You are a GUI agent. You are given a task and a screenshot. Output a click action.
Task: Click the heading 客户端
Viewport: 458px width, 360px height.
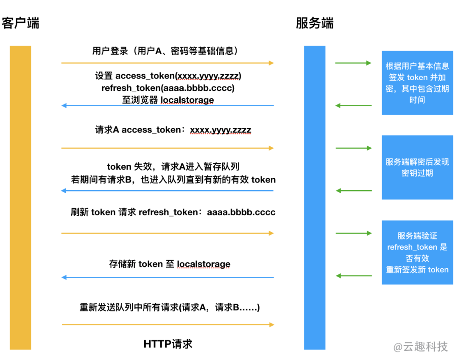[20, 23]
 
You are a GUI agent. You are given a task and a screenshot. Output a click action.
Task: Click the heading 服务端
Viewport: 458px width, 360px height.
[314, 23]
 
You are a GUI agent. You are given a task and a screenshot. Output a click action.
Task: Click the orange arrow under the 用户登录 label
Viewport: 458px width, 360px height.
[168, 63]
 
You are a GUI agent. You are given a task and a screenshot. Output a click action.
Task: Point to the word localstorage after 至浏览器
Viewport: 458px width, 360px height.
[187, 100]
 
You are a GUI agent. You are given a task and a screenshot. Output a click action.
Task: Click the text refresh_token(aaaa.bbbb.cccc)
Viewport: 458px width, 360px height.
[168, 88]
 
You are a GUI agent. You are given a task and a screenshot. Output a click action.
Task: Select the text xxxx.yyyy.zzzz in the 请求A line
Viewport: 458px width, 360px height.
[221, 130]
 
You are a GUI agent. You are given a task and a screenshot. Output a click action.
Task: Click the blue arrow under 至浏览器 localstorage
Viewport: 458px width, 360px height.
[168, 106]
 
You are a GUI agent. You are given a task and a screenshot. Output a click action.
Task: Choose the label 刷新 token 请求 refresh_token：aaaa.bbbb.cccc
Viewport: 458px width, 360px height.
[173, 212]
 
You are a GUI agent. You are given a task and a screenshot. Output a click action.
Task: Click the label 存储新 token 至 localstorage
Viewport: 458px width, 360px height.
[170, 264]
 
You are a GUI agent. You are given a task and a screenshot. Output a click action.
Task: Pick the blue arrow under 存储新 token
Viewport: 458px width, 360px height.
[168, 278]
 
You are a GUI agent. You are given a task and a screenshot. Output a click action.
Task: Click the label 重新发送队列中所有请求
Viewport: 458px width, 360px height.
[170, 307]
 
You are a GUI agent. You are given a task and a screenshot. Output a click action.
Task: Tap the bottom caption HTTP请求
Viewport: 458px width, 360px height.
[168, 343]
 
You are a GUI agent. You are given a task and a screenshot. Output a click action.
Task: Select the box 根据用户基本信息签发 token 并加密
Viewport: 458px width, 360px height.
[417, 83]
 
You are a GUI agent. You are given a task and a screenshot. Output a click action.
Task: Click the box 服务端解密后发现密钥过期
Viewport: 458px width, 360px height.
[417, 167]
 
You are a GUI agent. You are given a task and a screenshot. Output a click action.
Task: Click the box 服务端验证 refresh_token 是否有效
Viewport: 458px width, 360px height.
[417, 252]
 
